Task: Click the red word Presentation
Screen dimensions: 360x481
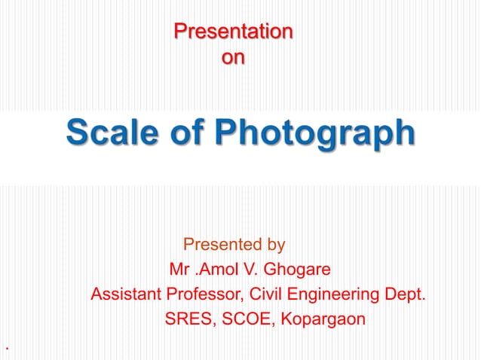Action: (x=233, y=32)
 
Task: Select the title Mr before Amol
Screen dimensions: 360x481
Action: (x=180, y=269)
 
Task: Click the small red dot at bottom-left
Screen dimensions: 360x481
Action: (x=7, y=349)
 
